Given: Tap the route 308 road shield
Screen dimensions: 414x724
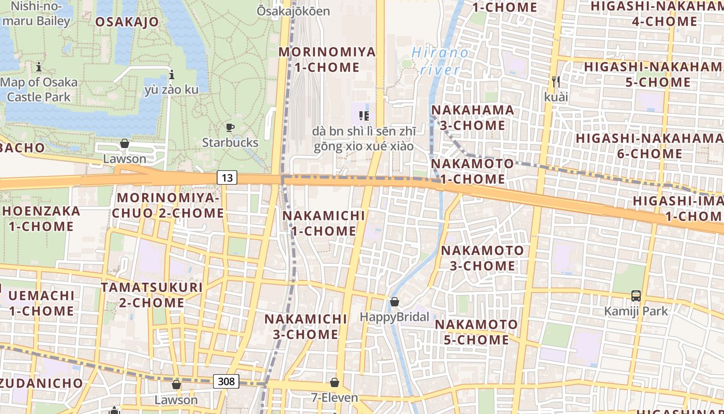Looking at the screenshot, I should click(226, 382).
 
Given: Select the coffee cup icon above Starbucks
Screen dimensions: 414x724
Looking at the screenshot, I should click(230, 127).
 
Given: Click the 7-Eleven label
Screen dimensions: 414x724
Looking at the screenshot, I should click(335, 397).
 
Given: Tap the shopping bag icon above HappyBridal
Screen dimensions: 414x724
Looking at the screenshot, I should click(395, 302).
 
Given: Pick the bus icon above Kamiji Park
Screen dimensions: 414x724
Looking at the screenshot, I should click(636, 296).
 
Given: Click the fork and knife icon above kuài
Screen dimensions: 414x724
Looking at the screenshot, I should click(556, 82).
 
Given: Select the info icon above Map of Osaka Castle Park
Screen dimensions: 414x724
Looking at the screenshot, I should click(39, 67).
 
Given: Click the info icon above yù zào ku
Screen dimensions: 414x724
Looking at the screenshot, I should click(172, 75).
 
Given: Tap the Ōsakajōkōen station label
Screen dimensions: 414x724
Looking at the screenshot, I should click(293, 10).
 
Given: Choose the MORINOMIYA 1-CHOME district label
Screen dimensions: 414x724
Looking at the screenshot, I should click(327, 60).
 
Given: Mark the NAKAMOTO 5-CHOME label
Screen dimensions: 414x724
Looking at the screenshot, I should click(476, 332).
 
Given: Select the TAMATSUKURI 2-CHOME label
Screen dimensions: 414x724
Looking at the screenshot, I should click(152, 295).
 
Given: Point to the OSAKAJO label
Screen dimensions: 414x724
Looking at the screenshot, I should click(127, 22).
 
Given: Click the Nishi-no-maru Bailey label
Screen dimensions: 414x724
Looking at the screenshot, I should click(36, 14).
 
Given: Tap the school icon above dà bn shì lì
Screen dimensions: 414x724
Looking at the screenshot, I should click(364, 115).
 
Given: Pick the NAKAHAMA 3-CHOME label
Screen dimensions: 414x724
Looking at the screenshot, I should click(473, 117).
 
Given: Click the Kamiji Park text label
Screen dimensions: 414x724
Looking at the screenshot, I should click(636, 311).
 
